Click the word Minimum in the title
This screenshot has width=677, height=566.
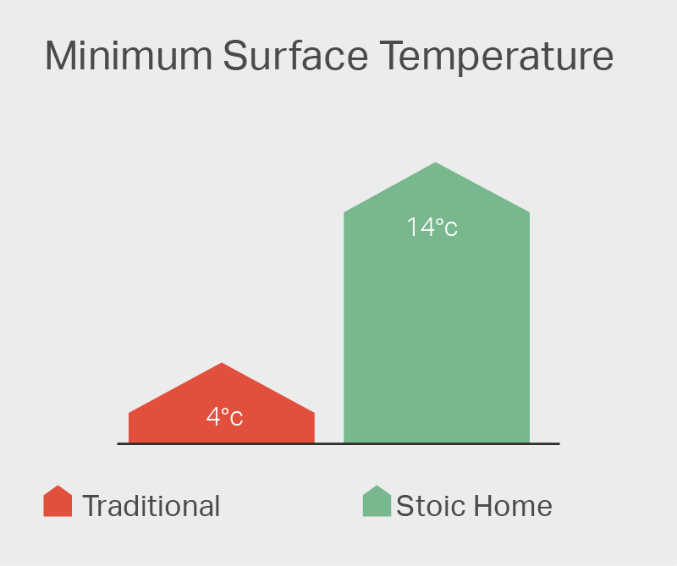pos(127,57)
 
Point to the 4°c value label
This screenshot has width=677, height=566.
pos(224,417)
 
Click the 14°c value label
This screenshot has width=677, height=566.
pos(432,228)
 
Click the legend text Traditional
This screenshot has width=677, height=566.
pos(151,506)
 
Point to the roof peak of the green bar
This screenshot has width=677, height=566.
pos(436,164)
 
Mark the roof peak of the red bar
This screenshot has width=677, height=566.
pos(222,365)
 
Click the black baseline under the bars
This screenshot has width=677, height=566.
pos(338,443)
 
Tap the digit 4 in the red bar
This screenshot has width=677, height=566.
pos(213,417)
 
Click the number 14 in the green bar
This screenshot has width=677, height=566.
pos(420,228)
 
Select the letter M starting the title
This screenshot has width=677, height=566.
pos(61,57)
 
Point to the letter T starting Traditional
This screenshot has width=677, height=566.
pos(91,506)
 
